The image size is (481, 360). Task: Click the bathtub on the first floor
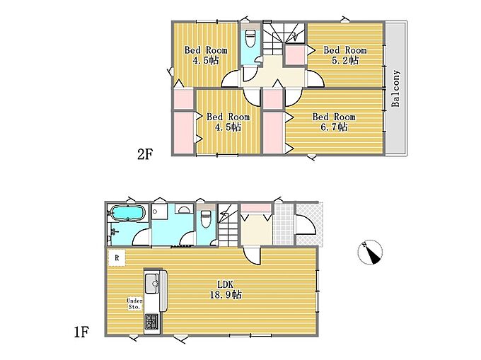click(127, 213)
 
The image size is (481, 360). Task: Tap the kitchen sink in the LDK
click(151, 283)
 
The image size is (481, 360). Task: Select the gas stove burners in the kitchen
click(151, 322)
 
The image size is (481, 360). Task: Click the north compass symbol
click(370, 252)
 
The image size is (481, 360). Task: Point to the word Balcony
click(395, 88)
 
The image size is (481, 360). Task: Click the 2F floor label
click(145, 154)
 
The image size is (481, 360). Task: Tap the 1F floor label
click(81, 332)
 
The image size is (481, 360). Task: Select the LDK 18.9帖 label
click(226, 289)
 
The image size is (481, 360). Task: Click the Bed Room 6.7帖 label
click(334, 122)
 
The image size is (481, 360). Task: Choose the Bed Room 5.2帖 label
click(345, 55)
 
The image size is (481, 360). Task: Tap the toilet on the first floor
click(206, 219)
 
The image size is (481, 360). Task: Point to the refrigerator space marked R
click(117, 258)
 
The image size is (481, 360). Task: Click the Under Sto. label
click(134, 303)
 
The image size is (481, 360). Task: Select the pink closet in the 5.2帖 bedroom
click(295, 55)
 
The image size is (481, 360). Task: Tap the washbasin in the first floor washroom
click(184, 209)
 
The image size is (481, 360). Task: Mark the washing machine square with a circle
click(160, 211)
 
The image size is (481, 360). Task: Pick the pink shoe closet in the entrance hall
click(256, 208)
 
